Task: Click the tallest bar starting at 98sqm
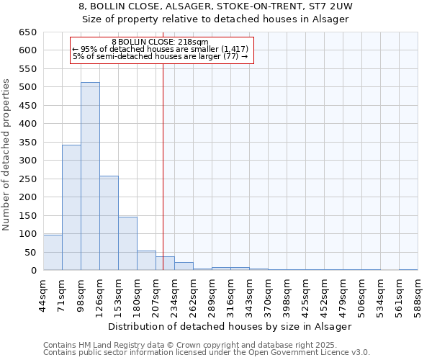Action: (90, 176)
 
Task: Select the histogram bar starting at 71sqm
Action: (71, 207)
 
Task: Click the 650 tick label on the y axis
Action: (28, 32)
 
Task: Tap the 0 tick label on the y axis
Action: (34, 271)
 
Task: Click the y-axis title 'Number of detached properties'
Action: (6, 155)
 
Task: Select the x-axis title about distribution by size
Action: (230, 326)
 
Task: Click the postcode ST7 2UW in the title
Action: (333, 6)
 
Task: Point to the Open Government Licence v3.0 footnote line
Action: (206, 353)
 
